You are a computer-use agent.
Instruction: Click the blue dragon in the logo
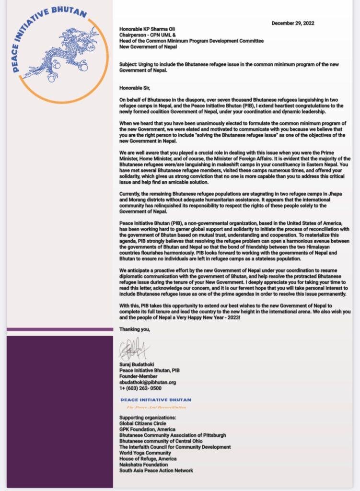coord(60,53)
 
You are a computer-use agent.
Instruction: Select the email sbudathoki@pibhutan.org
coord(148,382)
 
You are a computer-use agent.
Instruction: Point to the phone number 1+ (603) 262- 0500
coord(140,388)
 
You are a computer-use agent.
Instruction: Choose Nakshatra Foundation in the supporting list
coord(143,465)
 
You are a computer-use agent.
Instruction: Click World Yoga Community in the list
coord(145,453)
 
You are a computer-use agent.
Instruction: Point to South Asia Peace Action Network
coord(156,470)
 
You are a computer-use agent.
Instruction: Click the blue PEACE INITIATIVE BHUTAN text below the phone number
coord(155,399)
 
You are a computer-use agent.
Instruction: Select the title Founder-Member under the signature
coord(139,376)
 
